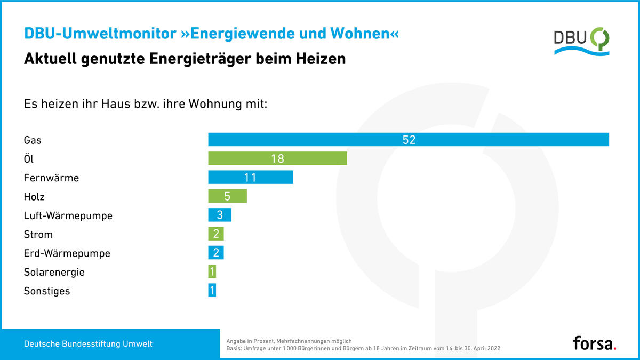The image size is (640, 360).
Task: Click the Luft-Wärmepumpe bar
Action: click(220, 215)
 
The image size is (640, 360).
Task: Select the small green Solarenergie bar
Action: click(212, 272)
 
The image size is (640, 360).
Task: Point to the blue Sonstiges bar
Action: click(212, 291)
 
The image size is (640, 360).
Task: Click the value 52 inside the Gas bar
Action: click(409, 140)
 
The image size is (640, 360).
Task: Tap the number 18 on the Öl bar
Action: click(277, 158)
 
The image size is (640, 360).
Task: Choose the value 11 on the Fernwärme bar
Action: click(250, 177)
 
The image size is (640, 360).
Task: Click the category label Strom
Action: click(38, 235)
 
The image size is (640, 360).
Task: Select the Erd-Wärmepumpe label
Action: click(67, 253)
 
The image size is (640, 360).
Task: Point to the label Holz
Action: click(34, 197)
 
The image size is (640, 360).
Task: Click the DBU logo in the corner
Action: click(581, 40)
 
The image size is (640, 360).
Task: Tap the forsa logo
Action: click(595, 343)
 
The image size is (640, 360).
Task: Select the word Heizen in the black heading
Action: click(320, 59)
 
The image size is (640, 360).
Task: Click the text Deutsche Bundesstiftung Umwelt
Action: click(88, 344)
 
